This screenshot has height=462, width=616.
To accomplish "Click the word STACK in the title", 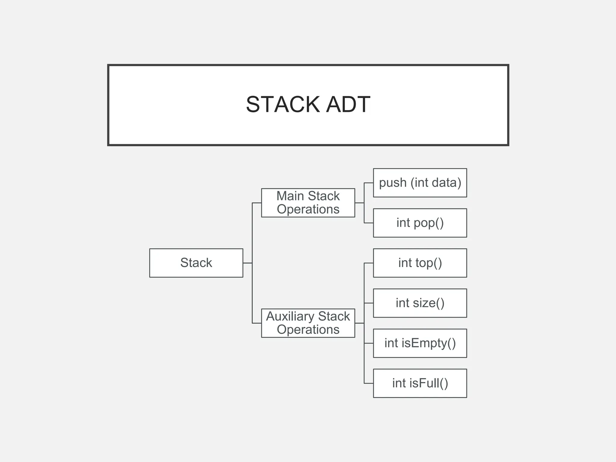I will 283,105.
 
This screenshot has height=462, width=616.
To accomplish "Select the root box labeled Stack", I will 196,263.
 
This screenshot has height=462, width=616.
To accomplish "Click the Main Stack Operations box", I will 308,203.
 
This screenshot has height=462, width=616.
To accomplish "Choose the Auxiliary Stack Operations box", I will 308,323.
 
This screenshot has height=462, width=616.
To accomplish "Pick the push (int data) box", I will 420,183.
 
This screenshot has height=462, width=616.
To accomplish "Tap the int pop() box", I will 420,223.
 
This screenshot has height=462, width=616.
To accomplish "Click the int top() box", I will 420,263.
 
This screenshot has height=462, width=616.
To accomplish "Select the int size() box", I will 420,303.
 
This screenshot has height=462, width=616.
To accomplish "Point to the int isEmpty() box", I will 420,343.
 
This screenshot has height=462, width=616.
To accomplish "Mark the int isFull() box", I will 420,383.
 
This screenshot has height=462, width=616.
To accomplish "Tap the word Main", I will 290,196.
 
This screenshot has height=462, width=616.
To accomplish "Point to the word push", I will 393,183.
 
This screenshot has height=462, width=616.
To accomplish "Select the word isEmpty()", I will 429,343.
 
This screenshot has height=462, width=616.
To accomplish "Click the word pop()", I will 429,223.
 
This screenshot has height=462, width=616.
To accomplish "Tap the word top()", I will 429,263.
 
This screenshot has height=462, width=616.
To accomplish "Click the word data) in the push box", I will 446,183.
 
